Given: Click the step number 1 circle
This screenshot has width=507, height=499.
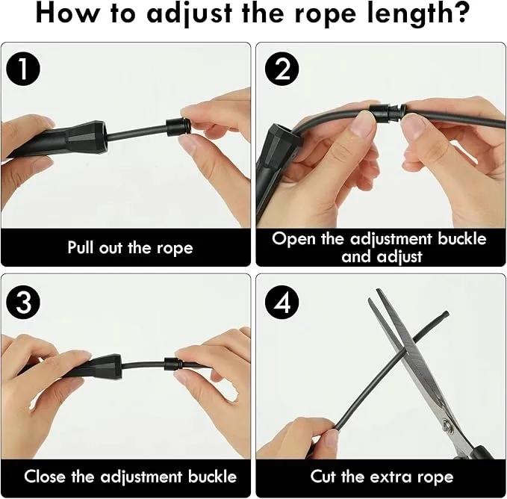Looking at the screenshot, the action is pos(23,69).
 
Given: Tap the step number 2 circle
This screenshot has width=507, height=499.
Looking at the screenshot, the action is pos(282,69).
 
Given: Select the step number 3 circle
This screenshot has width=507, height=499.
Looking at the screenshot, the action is pos(23,303).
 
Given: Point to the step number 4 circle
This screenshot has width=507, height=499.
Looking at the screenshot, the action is pos(282,303).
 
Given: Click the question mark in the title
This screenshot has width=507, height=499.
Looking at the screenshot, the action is pos(459,13).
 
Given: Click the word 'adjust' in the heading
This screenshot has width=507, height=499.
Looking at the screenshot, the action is pos(190,14).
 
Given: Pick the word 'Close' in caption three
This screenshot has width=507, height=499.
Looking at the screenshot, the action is pos(44,476).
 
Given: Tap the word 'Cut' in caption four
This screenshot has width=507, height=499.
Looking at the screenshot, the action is pos(323,476).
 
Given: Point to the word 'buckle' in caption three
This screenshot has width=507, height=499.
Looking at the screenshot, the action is pos(213,476).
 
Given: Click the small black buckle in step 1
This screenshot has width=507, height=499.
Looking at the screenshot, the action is pos(176,128).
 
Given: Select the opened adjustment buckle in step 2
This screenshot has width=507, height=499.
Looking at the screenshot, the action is pos(387,111).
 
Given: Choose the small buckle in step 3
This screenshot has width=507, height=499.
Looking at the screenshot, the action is pos(172,364).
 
